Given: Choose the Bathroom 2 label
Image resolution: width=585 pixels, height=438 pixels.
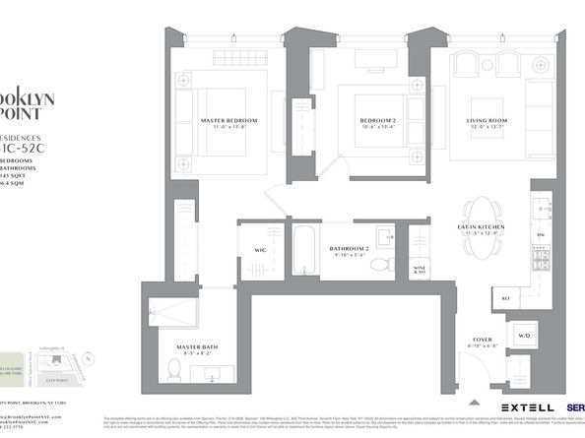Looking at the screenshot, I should coord(349,248).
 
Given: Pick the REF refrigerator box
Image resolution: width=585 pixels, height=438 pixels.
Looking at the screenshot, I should coord(505,296).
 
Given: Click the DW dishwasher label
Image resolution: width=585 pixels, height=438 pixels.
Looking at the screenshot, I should coord(541,234).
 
